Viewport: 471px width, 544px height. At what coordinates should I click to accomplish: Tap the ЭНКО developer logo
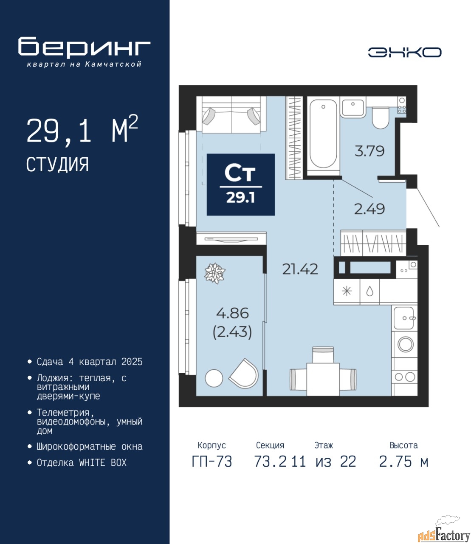pos(404,52)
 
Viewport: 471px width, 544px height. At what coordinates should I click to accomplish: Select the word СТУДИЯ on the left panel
pos(58,164)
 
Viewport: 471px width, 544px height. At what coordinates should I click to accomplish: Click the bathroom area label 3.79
pos(369,151)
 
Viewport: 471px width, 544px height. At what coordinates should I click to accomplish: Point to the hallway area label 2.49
pos(369,209)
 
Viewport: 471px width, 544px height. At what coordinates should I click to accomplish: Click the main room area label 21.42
pos(300,269)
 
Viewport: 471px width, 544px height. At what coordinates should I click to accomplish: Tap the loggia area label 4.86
pos(232,314)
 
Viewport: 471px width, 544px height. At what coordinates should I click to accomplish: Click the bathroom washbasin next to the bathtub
pos(353,106)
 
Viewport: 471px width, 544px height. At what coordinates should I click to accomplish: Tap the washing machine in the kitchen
pos(404,344)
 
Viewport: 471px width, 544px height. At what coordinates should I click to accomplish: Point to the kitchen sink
pos(404,318)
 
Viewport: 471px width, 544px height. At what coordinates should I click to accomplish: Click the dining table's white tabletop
pos(323,379)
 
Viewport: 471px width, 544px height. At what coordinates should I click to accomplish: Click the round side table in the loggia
pos(214,378)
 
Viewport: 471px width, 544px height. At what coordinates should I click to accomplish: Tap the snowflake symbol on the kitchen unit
pos(347,292)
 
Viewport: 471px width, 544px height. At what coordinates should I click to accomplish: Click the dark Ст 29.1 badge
pos(241,184)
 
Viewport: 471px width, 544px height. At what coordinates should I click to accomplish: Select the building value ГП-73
pos(212,462)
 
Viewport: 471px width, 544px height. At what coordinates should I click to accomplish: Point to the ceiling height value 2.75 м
pos(403,462)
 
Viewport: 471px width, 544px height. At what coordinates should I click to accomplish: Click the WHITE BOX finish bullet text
pos(82,462)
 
